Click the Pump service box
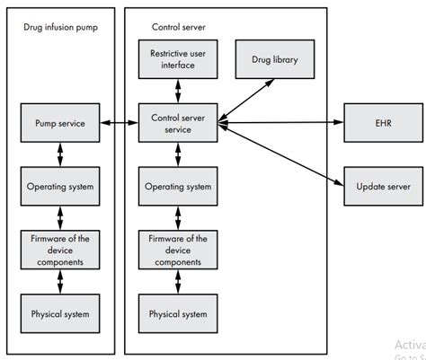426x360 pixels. tap(59, 122)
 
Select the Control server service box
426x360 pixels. tap(178, 122)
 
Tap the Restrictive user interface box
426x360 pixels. tap(178, 58)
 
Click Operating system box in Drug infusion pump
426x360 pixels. tap(59, 186)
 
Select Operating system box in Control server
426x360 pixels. tap(178, 186)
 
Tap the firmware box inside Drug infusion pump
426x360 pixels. tap(59, 250)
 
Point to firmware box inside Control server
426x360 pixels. tap(178, 250)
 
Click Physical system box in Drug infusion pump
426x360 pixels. tap(59, 313)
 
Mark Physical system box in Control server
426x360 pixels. tap(178, 313)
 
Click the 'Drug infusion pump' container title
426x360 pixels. tap(59, 27)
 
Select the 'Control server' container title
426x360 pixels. tap(174, 27)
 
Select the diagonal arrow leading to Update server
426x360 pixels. tap(280, 154)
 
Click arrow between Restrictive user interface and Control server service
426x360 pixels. tap(178, 90)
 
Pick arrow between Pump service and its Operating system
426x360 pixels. tap(59, 154)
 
